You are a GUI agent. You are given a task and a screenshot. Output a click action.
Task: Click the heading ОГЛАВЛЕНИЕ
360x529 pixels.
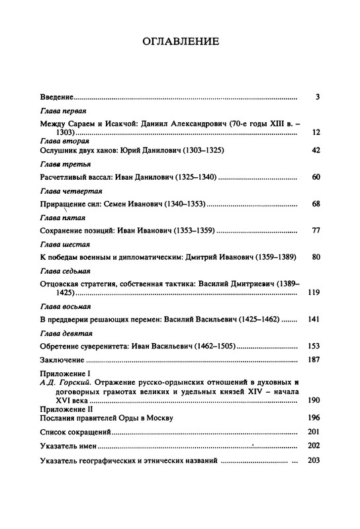[x=180, y=42]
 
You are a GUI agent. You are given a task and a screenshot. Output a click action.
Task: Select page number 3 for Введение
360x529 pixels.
[x=318, y=97]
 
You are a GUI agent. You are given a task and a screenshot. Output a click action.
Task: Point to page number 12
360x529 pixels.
[x=316, y=133]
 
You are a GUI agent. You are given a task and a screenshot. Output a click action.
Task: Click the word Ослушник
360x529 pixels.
[x=59, y=151]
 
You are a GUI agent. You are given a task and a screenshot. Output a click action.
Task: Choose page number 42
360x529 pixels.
[x=316, y=151]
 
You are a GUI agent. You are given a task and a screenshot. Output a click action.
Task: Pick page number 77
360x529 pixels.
[x=316, y=231]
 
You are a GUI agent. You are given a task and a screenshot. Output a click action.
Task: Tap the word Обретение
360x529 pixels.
[x=62, y=346]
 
